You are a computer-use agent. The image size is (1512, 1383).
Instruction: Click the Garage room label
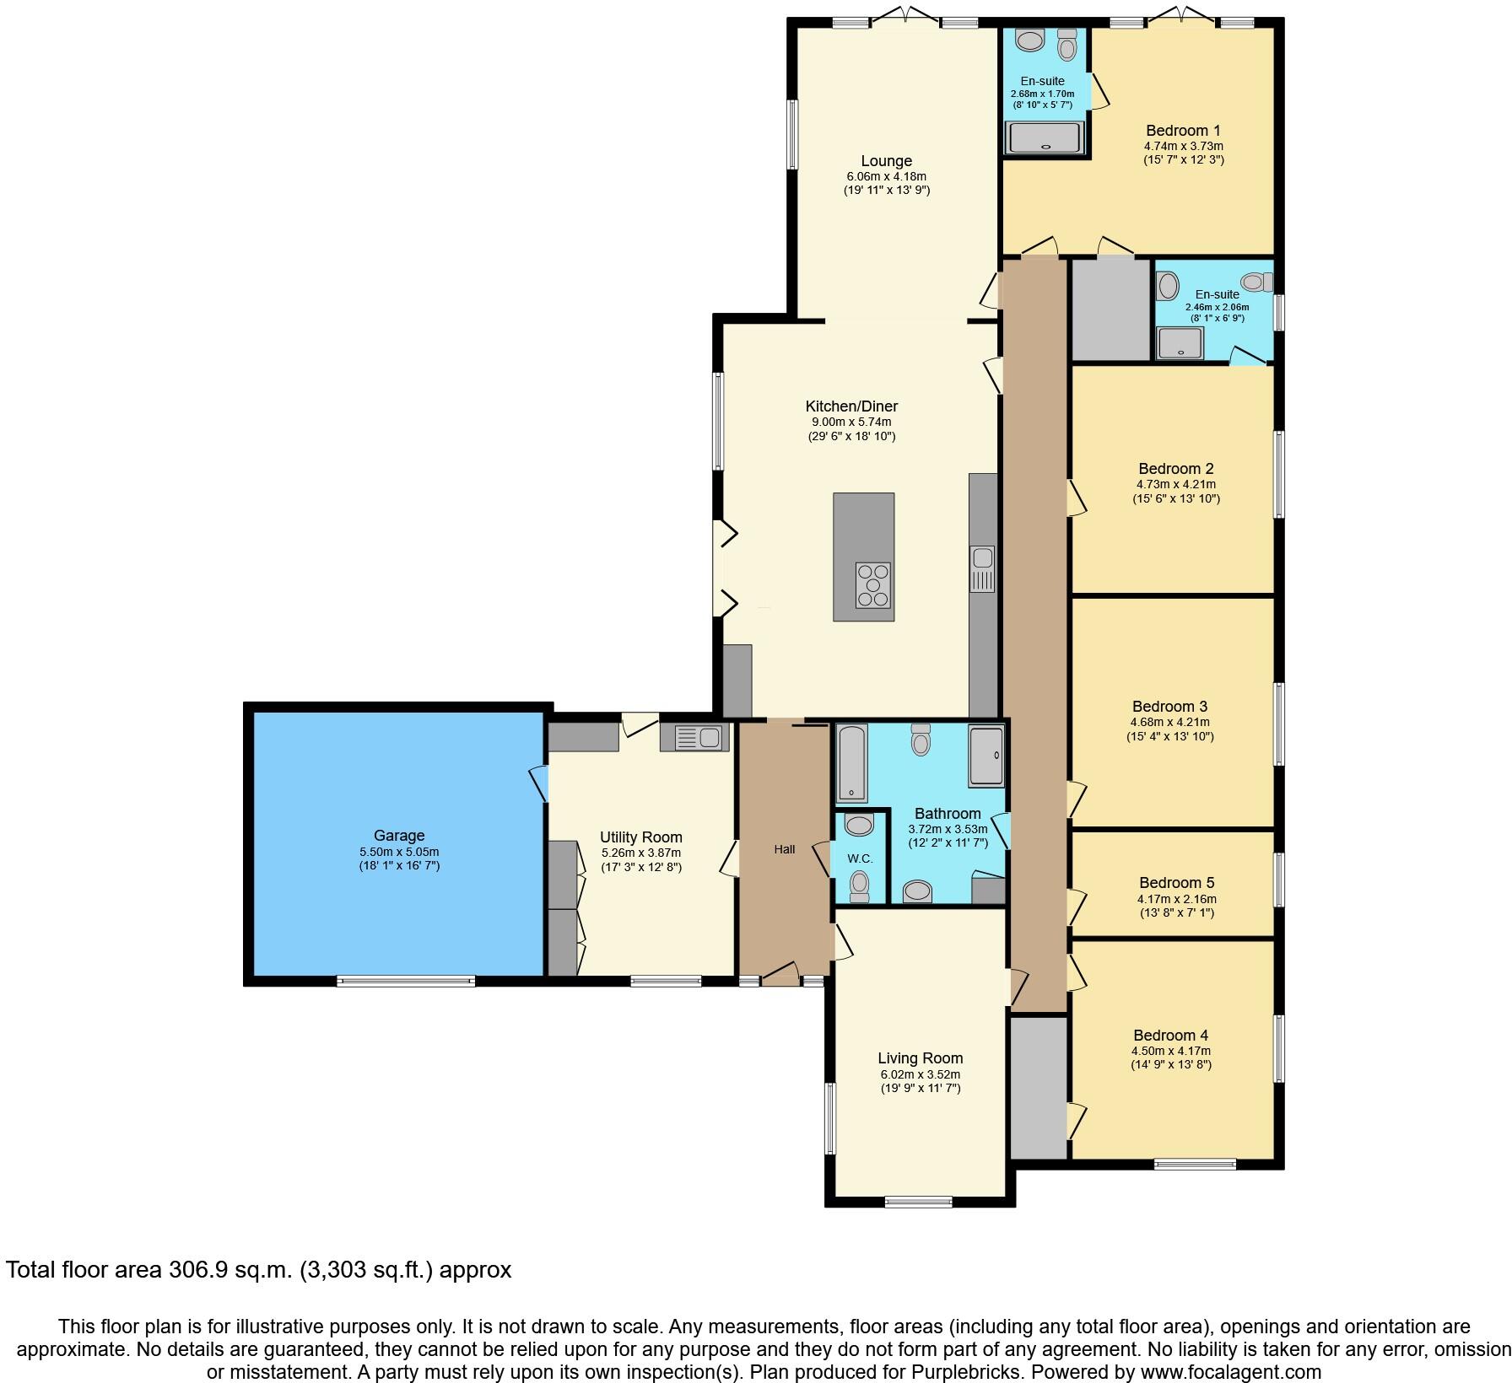tap(399, 836)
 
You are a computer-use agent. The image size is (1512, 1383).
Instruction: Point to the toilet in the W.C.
tap(859, 885)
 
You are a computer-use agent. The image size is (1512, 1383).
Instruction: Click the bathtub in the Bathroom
tap(852, 761)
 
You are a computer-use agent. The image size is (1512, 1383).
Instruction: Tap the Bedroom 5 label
tap(1176, 883)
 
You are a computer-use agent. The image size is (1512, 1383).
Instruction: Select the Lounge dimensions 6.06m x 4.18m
tap(886, 176)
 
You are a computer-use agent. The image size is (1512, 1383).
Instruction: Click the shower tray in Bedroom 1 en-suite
tap(1044, 139)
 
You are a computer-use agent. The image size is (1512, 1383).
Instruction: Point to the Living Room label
tap(920, 1058)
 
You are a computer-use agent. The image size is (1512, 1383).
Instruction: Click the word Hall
tap(785, 849)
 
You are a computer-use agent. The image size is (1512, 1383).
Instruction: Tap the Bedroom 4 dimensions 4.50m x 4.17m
tap(1171, 1051)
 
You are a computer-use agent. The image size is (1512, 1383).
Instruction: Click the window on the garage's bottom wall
tap(406, 980)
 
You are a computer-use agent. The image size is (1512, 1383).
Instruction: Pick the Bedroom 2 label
tap(1175, 469)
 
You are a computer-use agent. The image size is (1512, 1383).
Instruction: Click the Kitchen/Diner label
tap(851, 406)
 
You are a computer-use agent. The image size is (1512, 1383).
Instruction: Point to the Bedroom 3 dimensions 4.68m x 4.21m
tap(1169, 722)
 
